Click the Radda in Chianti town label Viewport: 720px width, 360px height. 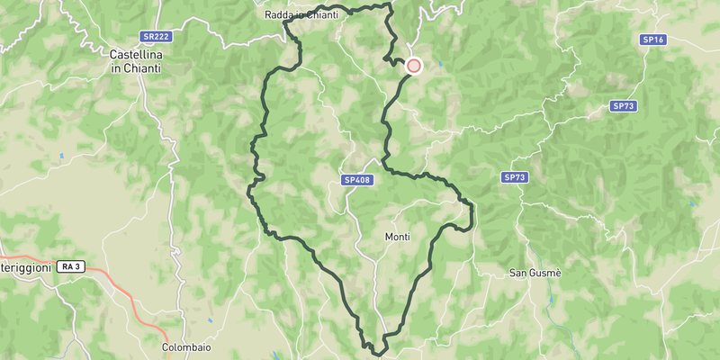(x=301, y=14)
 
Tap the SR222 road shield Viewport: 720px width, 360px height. (x=155, y=37)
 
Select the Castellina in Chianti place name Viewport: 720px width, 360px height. (x=134, y=60)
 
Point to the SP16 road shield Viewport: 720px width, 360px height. (x=652, y=40)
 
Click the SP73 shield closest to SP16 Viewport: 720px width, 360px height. (x=623, y=106)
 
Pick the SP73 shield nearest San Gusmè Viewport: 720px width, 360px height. (x=514, y=177)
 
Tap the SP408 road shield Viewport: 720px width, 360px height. (x=357, y=180)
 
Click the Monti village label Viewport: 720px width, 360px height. (x=397, y=237)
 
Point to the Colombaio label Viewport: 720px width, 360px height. (x=186, y=346)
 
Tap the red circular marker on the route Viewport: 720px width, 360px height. (x=414, y=65)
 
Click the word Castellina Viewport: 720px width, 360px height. (x=134, y=54)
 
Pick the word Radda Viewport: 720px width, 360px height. (x=282, y=14)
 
